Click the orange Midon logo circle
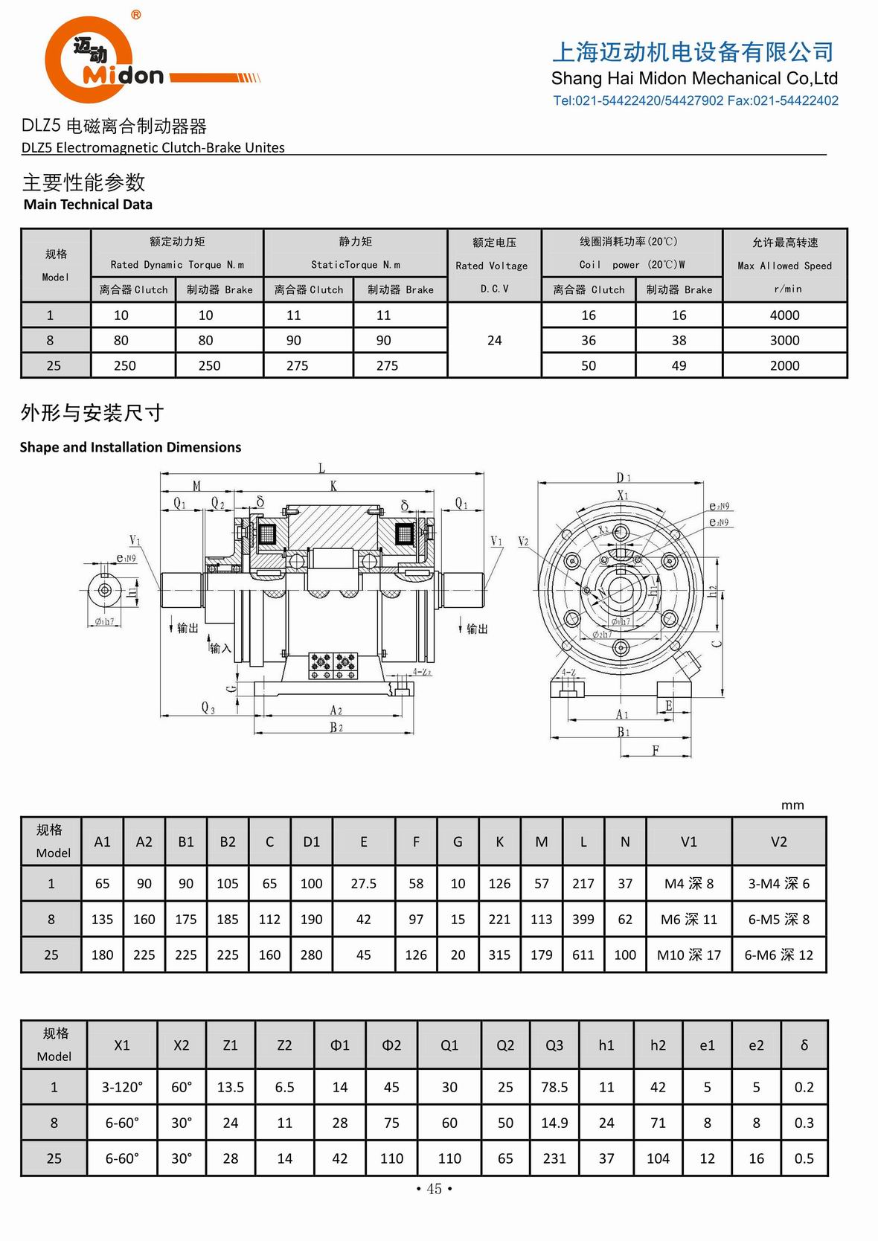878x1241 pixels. coord(88,60)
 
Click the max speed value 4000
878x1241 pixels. coord(784,315)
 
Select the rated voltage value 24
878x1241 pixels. coord(494,340)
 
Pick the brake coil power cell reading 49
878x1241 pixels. coord(679,365)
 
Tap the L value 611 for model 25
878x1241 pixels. coord(583,955)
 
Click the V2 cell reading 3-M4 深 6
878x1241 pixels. coord(778,883)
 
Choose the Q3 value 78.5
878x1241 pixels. coord(554,1087)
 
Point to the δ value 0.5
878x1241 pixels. coord(804,1158)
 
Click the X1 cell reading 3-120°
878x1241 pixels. coord(122,1087)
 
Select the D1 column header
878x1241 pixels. coord(311,841)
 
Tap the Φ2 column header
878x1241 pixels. coord(391,1045)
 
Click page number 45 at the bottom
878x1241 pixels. coord(434,1189)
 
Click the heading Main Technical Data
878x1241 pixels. coord(88,205)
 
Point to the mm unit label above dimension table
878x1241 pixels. coord(792,805)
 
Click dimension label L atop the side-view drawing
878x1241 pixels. coord(321,468)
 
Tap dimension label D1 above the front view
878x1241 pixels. coord(623,477)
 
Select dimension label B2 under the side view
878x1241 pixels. coord(336,727)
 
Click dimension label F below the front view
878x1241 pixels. coord(655,750)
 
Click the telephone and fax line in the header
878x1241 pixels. coord(695,100)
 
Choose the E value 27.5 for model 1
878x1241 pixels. coord(363,883)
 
